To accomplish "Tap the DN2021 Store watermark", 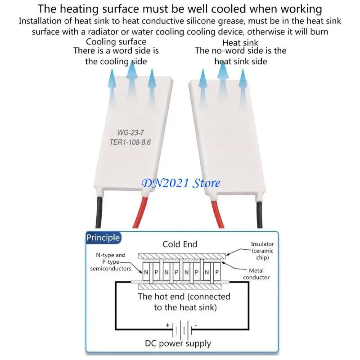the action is click(x=181, y=183).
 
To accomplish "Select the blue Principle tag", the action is click(x=103, y=238).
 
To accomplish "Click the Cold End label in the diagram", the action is click(x=180, y=244).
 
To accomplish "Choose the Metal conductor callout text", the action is click(x=256, y=274).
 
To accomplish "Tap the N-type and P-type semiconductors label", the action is click(x=111, y=262).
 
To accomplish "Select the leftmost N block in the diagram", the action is click(x=146, y=272).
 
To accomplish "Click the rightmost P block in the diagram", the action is click(x=217, y=272).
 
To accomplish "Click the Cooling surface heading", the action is click(x=116, y=42).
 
